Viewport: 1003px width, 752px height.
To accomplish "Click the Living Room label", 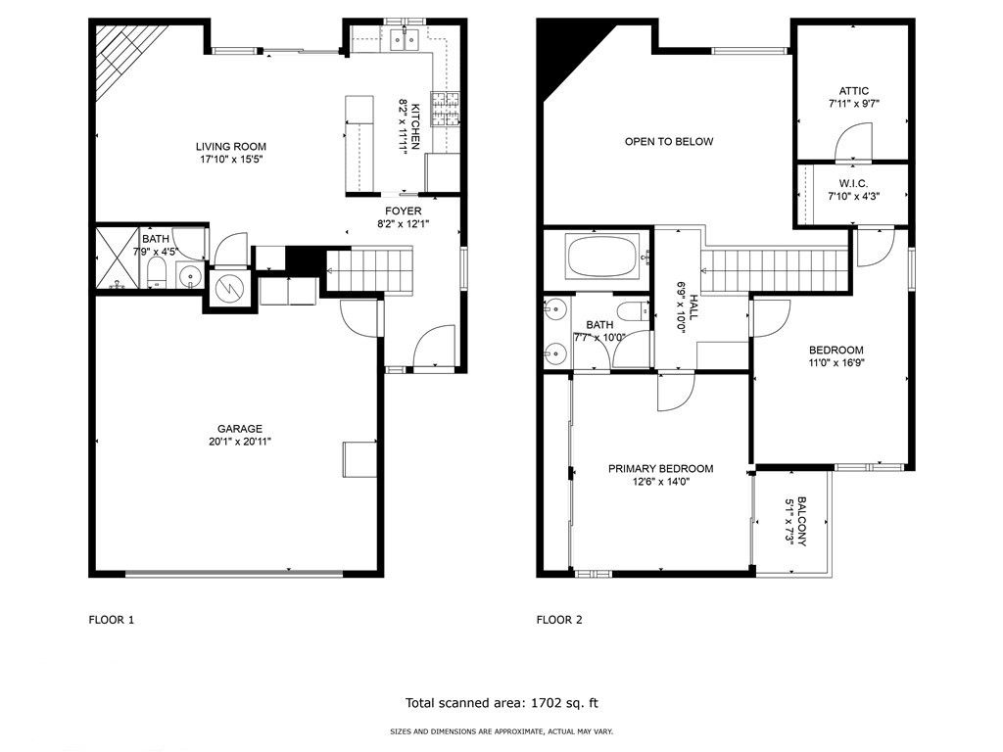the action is (x=231, y=147).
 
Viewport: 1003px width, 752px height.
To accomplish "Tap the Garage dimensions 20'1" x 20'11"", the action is (x=240, y=442).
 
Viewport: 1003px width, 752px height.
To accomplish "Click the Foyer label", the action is (x=403, y=211).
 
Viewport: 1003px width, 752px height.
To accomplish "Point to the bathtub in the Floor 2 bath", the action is (x=600, y=257).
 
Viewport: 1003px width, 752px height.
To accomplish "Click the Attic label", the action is (x=854, y=91).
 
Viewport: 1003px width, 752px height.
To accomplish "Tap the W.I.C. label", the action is (x=854, y=183).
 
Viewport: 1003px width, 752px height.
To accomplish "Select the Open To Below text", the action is (x=668, y=141).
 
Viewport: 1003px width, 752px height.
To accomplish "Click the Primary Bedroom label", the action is (x=661, y=469).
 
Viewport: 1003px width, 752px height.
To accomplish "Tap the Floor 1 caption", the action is (x=112, y=620).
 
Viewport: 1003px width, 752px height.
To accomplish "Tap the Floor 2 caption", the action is (x=559, y=620).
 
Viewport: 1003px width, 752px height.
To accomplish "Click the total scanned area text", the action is (x=501, y=703).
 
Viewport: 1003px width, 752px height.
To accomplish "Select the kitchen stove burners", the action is (x=446, y=109).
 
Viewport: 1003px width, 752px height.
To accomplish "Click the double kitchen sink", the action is (x=405, y=40).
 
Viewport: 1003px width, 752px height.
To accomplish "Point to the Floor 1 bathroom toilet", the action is (x=157, y=273).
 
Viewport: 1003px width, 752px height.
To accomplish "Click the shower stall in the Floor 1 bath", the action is (x=117, y=258).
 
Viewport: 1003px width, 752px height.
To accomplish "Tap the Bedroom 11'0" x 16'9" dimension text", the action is (x=836, y=362).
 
